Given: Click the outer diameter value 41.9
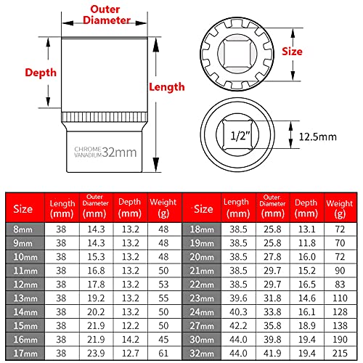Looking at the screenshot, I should pyautogui.click(x=274, y=354).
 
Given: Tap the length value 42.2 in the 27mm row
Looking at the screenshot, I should pyautogui.click(x=237, y=323).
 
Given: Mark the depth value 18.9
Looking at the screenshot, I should pyautogui.click(x=306, y=323).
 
